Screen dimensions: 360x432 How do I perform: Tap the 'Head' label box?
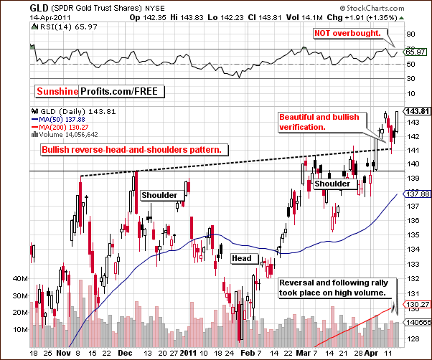pyautogui.click(x=240, y=258)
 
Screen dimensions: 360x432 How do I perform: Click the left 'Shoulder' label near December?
pyautogui.click(x=159, y=195)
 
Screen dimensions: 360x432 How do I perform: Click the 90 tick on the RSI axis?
pyautogui.click(x=410, y=33)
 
